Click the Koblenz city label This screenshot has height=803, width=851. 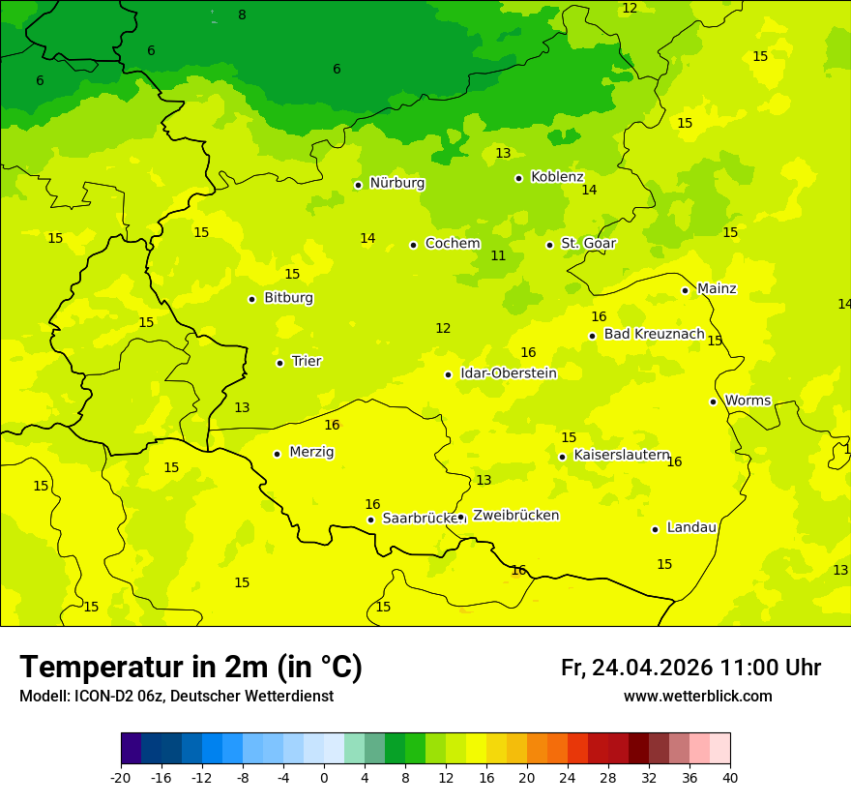pos(557,177)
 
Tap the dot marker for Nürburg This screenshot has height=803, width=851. pos(358,185)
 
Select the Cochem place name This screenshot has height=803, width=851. pos(452,244)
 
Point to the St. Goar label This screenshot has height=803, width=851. pos(588,244)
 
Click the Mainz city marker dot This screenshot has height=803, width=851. pos(685,290)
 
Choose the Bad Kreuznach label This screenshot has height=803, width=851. pos(654,334)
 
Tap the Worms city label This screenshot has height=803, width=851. pos(747,401)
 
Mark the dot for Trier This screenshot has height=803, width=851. pos(279,363)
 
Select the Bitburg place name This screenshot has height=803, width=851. pos(288,298)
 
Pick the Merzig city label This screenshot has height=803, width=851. pos(311,452)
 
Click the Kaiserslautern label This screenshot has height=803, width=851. pos(621,455)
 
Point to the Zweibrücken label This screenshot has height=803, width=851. pos(515,516)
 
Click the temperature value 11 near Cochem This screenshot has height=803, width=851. pos(498,256)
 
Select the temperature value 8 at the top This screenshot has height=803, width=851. pos(242,15)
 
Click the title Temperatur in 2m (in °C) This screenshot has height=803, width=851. pos(191,668)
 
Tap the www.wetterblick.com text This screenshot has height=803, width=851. pos(697,697)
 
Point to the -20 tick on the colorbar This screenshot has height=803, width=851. pos(121,778)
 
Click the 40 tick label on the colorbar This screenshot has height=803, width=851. pos(730,778)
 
